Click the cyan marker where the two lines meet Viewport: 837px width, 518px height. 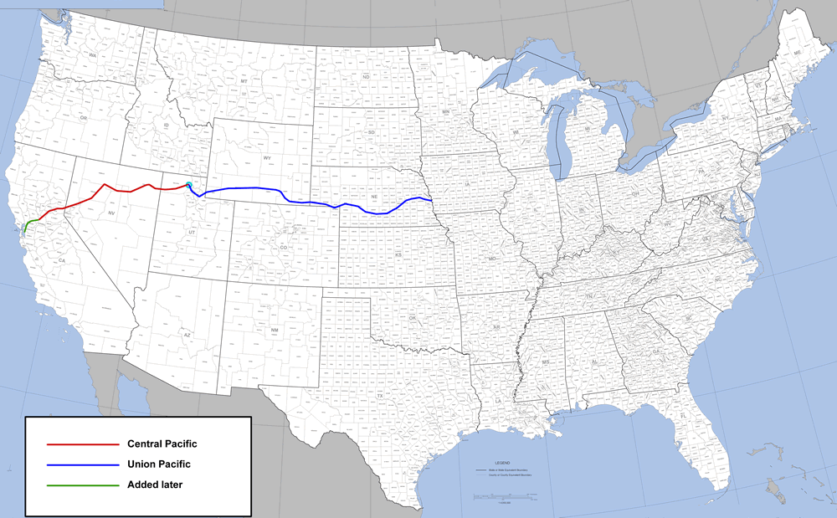tap(189, 185)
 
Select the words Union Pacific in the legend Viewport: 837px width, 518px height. tap(159, 464)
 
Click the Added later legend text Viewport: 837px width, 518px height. tap(155, 485)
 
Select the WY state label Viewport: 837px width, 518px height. tap(267, 157)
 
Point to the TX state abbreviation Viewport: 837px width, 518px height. tap(379, 396)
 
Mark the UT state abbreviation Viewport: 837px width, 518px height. tap(192, 232)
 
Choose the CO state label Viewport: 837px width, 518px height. tap(283, 248)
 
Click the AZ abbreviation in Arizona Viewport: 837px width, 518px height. tap(187, 335)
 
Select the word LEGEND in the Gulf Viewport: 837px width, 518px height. tap(501, 462)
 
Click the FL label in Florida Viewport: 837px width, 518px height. tap(683, 416)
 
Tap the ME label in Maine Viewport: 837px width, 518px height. tap(797, 53)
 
